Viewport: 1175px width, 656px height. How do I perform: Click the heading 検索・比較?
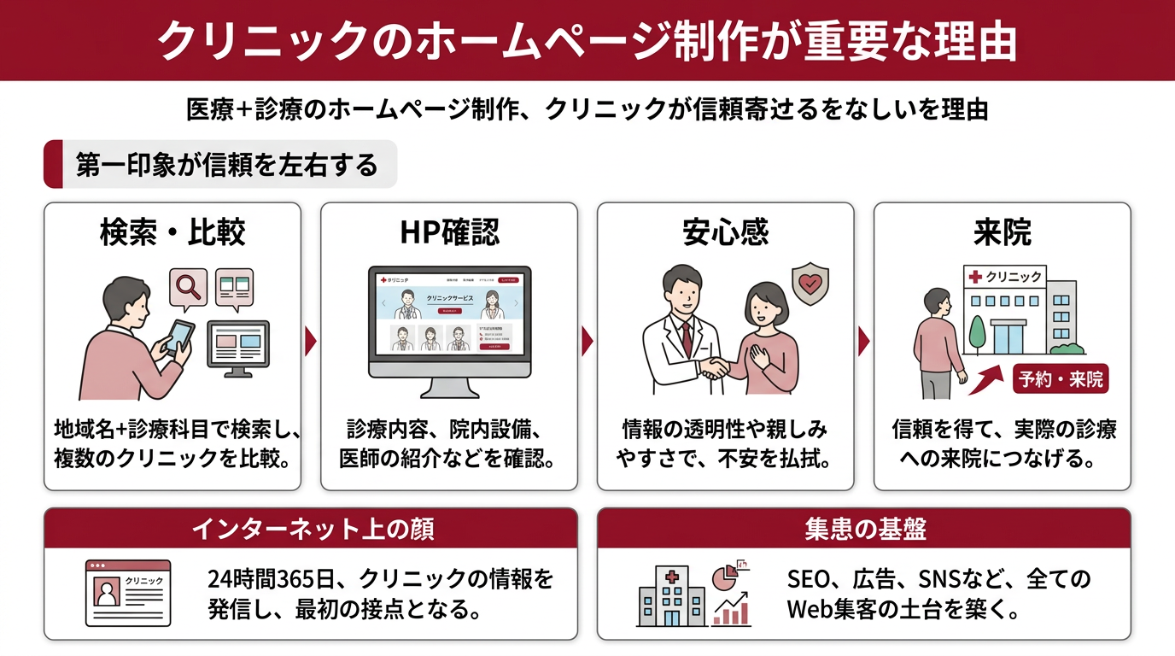pos(172,232)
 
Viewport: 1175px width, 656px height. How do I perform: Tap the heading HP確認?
pos(449,232)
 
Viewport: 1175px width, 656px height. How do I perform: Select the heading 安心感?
pos(726,232)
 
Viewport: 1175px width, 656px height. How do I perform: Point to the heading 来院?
pos(1003,232)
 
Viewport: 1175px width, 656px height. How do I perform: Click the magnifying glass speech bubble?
pos(189,287)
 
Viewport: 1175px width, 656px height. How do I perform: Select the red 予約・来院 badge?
pos(1061,379)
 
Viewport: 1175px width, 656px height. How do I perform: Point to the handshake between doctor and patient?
pos(715,368)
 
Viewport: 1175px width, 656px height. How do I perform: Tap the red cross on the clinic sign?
pos(974,276)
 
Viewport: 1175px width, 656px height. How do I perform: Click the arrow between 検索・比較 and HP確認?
pos(311,342)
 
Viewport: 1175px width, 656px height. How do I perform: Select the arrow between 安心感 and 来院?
pos(863,342)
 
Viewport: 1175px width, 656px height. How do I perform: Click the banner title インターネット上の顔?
pos(312,529)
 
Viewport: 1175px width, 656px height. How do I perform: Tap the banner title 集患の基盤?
pos(865,529)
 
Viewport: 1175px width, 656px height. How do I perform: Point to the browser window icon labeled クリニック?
pos(128,593)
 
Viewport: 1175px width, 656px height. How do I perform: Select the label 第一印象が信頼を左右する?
pos(225,164)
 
